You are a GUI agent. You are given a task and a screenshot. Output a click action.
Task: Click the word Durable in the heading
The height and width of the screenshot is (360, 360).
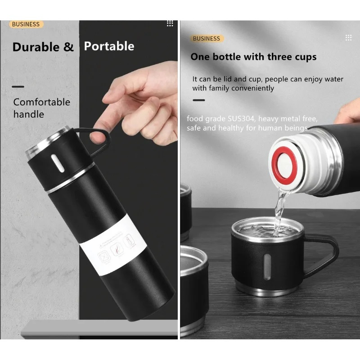pyautogui.click(x=36, y=47)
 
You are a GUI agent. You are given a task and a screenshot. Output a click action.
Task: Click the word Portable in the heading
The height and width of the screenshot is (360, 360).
pyautogui.click(x=109, y=46)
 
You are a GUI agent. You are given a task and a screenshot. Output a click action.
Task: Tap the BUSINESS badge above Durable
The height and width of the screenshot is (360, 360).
pyautogui.click(x=26, y=24)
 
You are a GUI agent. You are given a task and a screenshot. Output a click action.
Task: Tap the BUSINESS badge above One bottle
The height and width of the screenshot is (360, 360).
pyautogui.click(x=207, y=38)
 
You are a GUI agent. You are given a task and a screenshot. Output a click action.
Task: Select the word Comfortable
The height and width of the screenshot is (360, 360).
pyautogui.click(x=41, y=102)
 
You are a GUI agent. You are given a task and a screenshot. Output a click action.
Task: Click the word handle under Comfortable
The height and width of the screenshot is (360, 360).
pyautogui.click(x=28, y=114)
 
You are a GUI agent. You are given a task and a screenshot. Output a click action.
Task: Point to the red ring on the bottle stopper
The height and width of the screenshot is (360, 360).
pyautogui.click(x=284, y=163)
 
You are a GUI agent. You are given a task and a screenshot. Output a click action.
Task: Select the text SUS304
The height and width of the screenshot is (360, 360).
pyautogui.click(x=241, y=119)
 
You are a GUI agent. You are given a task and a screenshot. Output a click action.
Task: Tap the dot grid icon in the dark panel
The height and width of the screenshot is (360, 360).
pyautogui.click(x=170, y=23)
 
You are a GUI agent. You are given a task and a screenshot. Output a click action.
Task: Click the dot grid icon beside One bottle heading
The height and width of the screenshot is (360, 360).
pyautogui.click(x=348, y=38)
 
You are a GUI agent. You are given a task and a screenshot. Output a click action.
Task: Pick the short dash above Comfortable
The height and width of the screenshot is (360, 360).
pyautogui.click(x=18, y=87)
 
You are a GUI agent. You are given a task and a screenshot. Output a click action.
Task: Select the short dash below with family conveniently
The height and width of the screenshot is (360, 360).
pyautogui.click(x=199, y=100)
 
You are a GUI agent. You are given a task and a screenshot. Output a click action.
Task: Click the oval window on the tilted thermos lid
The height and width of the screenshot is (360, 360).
pyautogui.click(x=58, y=163)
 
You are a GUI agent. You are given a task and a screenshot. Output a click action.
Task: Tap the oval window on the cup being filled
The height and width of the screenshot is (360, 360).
pyautogui.click(x=267, y=266)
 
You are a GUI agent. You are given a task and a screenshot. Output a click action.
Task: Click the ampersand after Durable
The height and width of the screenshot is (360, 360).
pyautogui.click(x=68, y=47)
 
